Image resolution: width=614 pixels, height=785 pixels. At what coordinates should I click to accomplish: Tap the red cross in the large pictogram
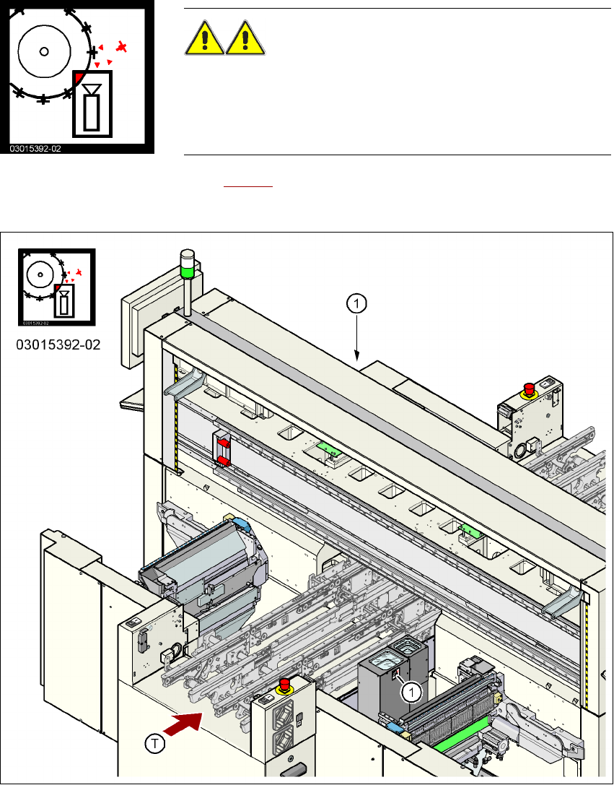[123, 48]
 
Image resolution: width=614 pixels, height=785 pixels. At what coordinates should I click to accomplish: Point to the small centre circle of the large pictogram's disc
[44, 51]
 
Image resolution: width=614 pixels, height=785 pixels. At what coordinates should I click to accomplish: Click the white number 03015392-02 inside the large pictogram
[35, 148]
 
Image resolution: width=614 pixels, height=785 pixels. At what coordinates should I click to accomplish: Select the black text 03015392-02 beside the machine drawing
[58, 345]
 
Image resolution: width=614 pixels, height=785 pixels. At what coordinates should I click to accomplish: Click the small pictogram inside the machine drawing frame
[56, 287]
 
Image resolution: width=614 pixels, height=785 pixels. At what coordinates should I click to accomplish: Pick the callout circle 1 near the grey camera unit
[411, 692]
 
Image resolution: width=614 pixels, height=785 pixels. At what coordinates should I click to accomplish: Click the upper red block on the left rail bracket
[223, 441]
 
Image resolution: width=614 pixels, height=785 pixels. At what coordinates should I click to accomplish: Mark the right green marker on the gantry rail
[470, 531]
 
